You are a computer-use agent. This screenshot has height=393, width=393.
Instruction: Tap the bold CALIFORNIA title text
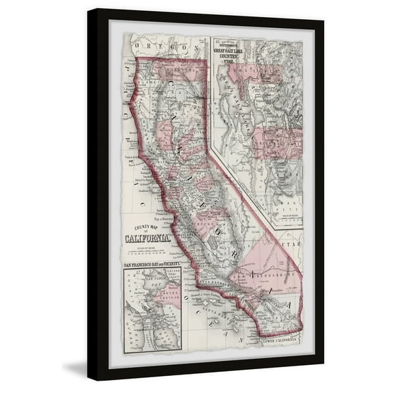point(147,239)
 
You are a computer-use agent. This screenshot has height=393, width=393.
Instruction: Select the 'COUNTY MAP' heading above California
point(147,229)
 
